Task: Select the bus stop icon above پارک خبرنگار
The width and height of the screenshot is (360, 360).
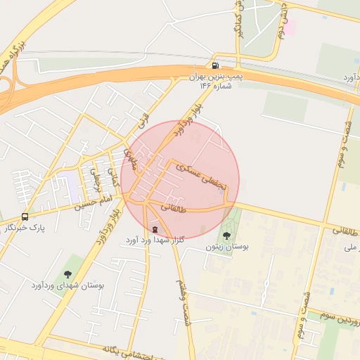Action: tap(25, 217)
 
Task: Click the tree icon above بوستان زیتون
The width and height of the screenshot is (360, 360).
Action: tap(227, 236)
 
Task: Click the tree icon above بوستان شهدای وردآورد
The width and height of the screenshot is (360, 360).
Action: tap(67, 274)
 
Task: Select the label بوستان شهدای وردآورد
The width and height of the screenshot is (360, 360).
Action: tap(67, 286)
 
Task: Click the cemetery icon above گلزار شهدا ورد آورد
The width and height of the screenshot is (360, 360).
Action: tap(155, 229)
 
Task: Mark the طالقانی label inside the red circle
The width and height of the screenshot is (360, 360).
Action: tap(174, 207)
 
